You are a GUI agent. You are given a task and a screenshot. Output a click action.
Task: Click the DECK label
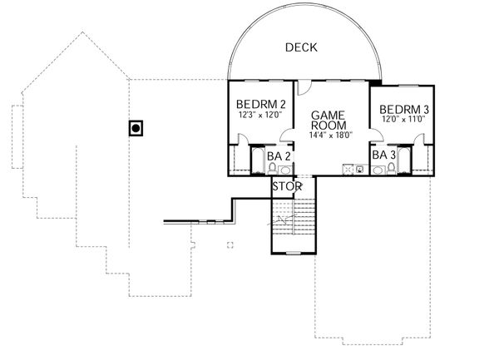click(302, 47)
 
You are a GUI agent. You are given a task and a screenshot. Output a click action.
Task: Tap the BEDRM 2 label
click(261, 104)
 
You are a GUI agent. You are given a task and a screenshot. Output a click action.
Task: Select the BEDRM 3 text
click(403, 109)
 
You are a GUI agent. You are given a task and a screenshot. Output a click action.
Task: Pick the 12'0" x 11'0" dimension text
click(403, 120)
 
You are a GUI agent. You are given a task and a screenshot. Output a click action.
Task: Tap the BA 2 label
click(278, 155)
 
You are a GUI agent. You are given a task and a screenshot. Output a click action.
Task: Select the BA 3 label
click(383, 155)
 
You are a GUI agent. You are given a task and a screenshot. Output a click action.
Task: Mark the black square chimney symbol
click(135, 128)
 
